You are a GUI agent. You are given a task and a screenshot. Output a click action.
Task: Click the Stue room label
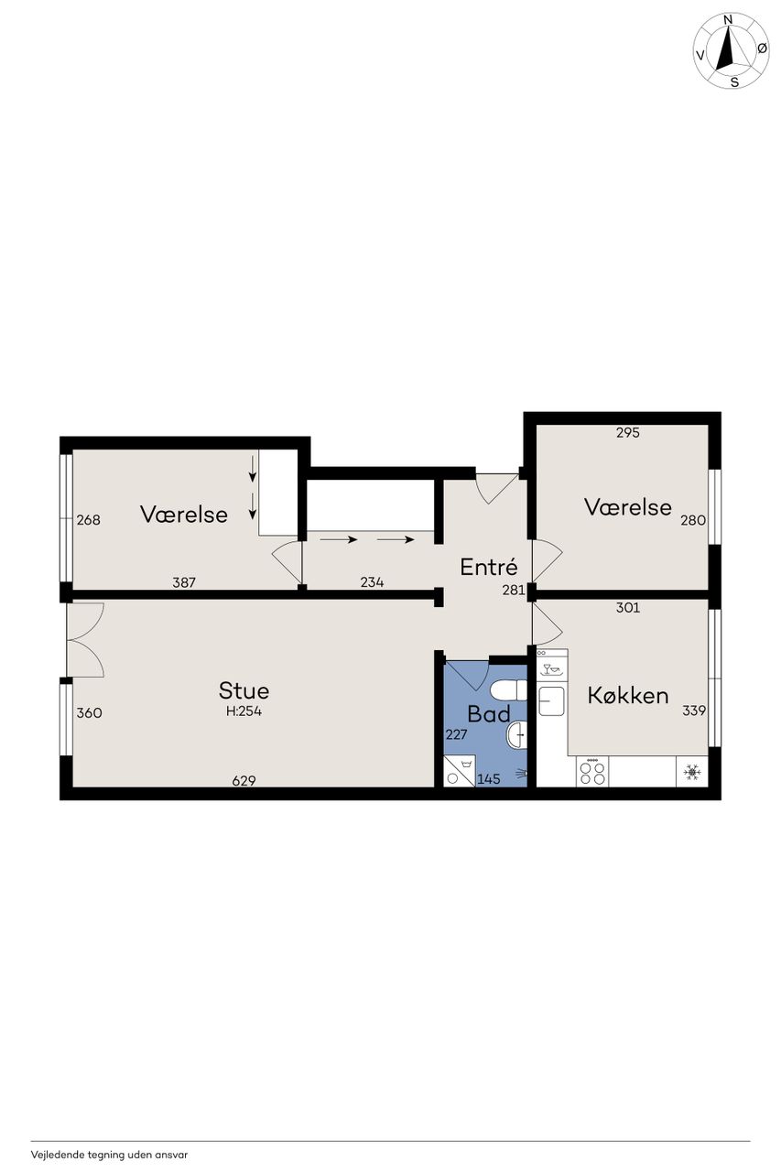click(x=244, y=690)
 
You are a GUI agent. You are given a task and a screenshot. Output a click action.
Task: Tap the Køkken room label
click(x=628, y=695)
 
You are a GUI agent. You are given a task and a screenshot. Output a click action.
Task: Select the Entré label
click(x=489, y=567)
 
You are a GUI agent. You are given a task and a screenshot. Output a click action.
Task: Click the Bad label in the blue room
click(x=489, y=713)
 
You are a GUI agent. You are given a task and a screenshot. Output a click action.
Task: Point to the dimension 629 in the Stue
click(x=244, y=781)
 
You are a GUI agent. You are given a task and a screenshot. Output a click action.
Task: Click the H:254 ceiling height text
click(x=244, y=711)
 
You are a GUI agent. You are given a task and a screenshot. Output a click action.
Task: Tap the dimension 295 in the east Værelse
click(x=628, y=432)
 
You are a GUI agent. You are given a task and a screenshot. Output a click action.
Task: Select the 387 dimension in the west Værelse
click(x=184, y=581)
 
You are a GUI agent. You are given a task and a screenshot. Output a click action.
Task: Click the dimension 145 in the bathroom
click(x=489, y=779)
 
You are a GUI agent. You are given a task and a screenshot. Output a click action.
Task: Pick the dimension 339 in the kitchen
click(x=694, y=710)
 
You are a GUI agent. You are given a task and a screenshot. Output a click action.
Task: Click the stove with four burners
click(x=592, y=772)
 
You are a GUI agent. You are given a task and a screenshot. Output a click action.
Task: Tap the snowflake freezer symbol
click(x=692, y=772)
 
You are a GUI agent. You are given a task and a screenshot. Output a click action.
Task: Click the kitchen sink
click(x=551, y=701)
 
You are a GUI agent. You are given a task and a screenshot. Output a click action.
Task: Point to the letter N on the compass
click(x=727, y=20)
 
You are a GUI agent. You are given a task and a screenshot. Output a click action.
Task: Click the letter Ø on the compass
click(x=762, y=49)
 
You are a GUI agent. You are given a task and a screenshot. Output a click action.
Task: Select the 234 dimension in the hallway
click(x=372, y=581)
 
